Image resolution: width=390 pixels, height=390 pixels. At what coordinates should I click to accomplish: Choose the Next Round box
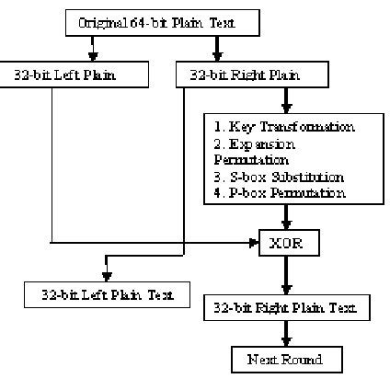pos(286,360)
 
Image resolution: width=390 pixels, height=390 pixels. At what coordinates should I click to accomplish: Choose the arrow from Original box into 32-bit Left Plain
pos(92,51)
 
